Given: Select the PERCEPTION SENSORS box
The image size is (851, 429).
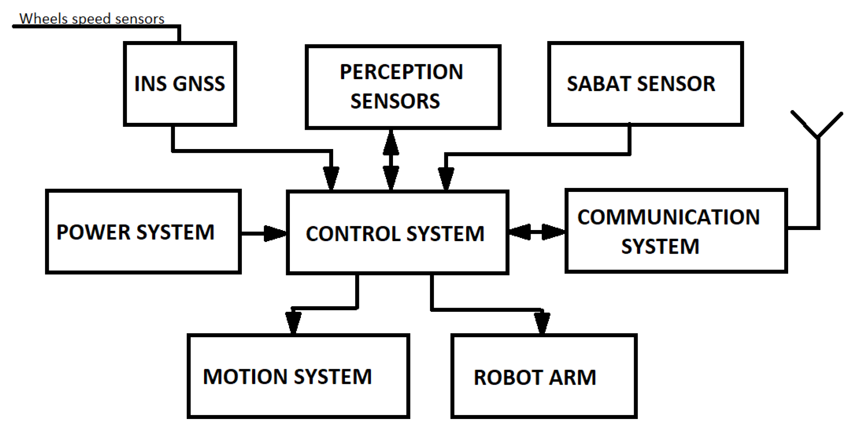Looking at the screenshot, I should coord(403,87).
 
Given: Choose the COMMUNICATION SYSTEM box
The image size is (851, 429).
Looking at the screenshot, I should coord(676,231).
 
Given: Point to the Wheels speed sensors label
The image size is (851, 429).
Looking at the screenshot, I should coord(92,18).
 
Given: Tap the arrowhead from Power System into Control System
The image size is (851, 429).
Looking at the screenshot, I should coord(275,233).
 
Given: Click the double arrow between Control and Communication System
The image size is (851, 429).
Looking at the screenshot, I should coord(536,232).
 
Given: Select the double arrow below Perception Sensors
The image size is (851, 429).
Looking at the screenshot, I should coord(391,160).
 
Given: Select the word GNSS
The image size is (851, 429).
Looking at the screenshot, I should coord(199,84).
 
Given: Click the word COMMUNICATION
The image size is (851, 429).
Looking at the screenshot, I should coord(668,217).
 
